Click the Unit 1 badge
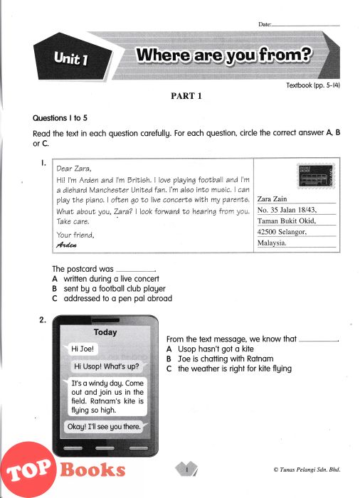pos(73,58)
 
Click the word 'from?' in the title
pos(285,55)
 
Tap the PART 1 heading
pos(186,96)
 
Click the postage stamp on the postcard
pos(316,176)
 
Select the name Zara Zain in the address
pos(272,198)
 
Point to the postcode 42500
pos(267,232)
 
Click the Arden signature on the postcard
pos(66,245)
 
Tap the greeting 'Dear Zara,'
pos(74,169)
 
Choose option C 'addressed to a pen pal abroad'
pos(112,299)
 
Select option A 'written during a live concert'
pos(106,279)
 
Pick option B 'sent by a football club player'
pos(109,289)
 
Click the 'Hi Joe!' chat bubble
pos(82,349)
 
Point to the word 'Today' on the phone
pos(105,332)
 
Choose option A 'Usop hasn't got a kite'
pos(210,349)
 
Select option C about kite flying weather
pos(229,369)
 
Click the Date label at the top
pos(265,24)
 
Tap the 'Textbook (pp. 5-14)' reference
pos(313,85)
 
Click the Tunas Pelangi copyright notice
pos(307,470)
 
